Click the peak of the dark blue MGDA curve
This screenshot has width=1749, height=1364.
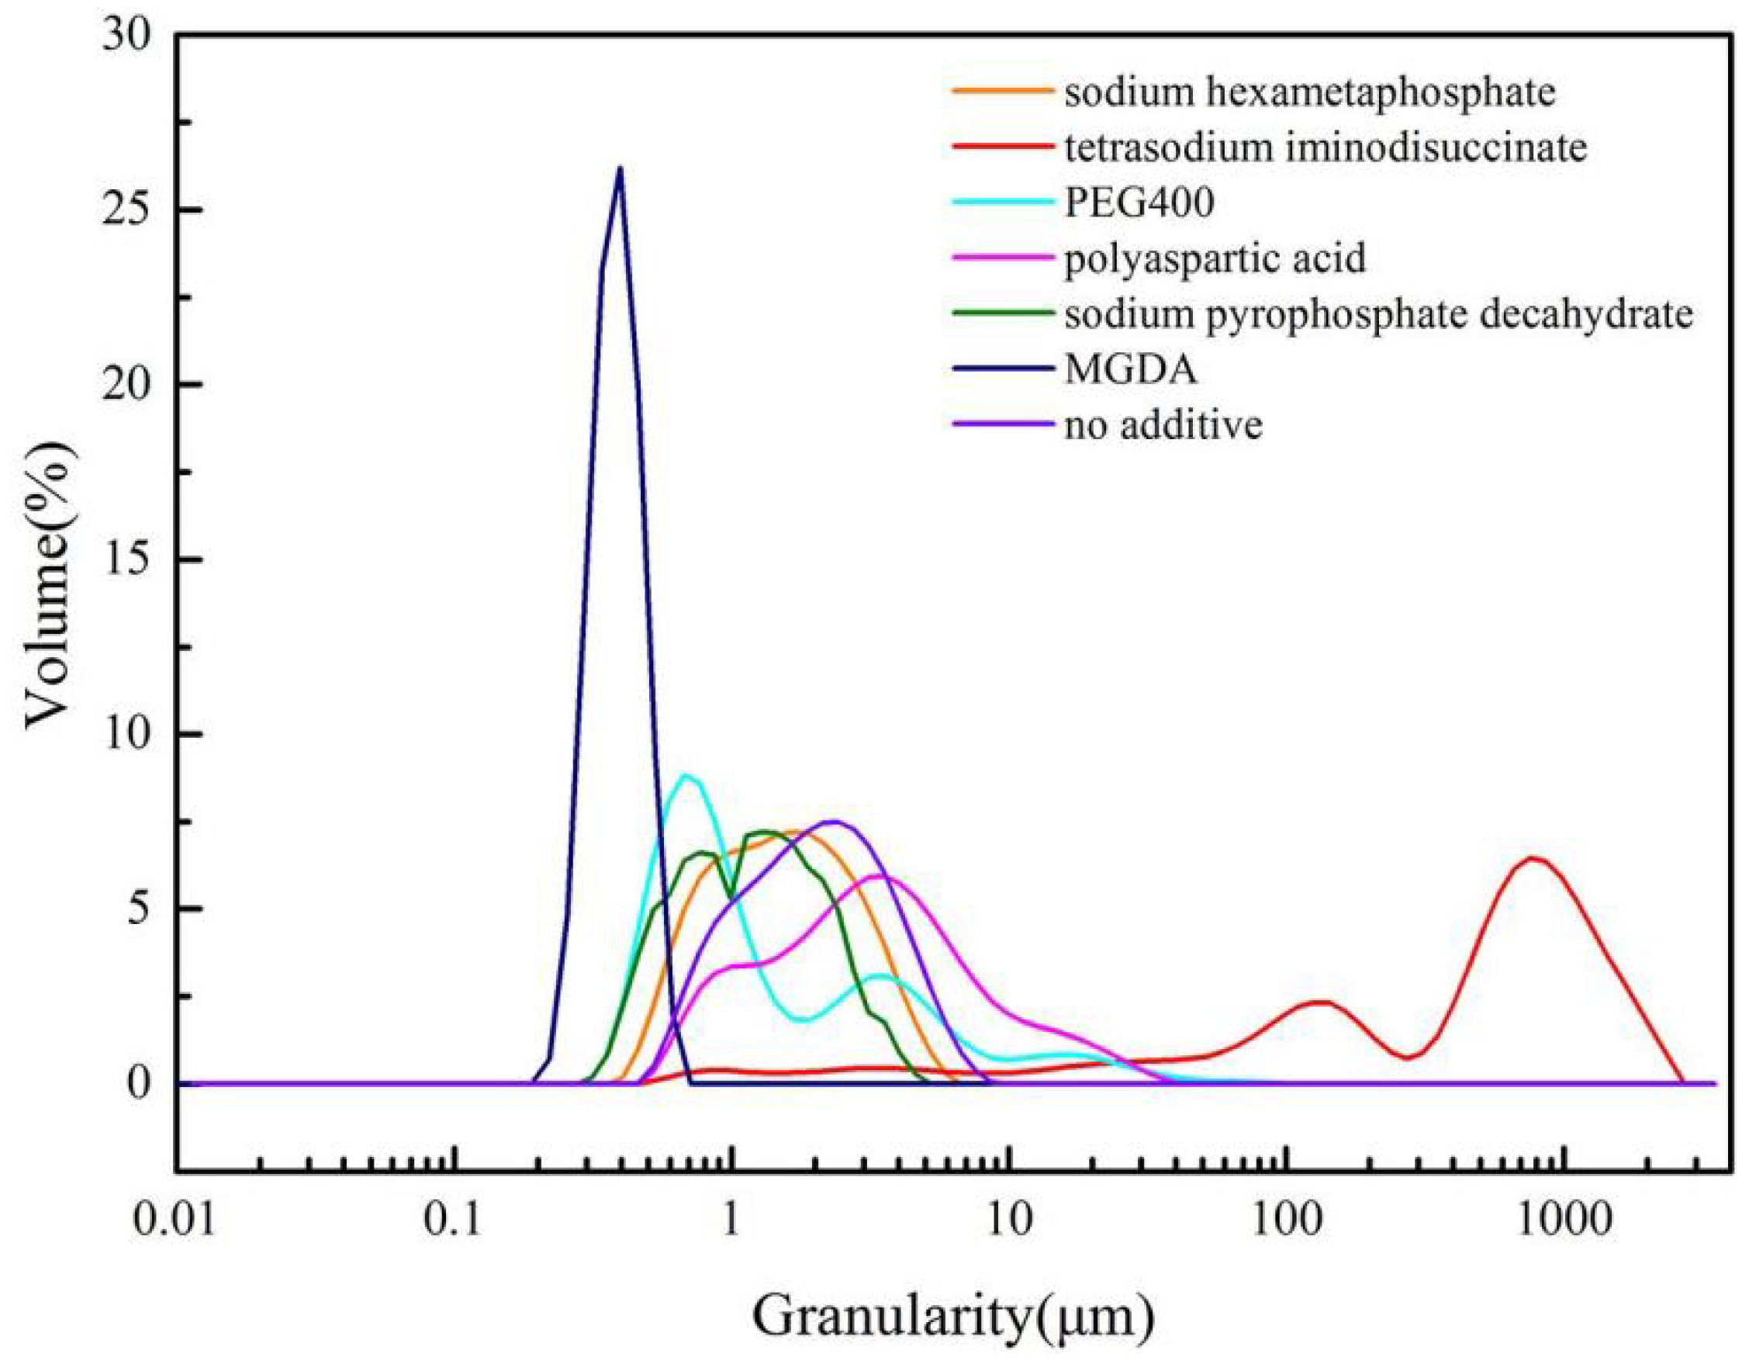click(x=619, y=168)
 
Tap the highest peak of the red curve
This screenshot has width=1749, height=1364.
click(x=1531, y=859)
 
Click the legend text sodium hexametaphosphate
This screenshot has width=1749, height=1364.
click(x=1309, y=92)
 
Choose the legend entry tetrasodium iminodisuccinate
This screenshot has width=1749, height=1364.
click(x=1326, y=147)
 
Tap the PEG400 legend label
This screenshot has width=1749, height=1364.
click(x=1139, y=203)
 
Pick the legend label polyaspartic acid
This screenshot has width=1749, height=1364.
click(x=1215, y=258)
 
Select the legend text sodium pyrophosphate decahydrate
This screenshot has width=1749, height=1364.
click(x=1378, y=314)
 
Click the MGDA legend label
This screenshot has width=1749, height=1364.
click(x=1131, y=369)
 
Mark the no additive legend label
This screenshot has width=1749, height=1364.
click(x=1163, y=424)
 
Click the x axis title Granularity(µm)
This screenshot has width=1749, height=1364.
click(x=953, y=1317)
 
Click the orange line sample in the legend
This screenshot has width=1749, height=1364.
click(x=1001, y=91)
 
